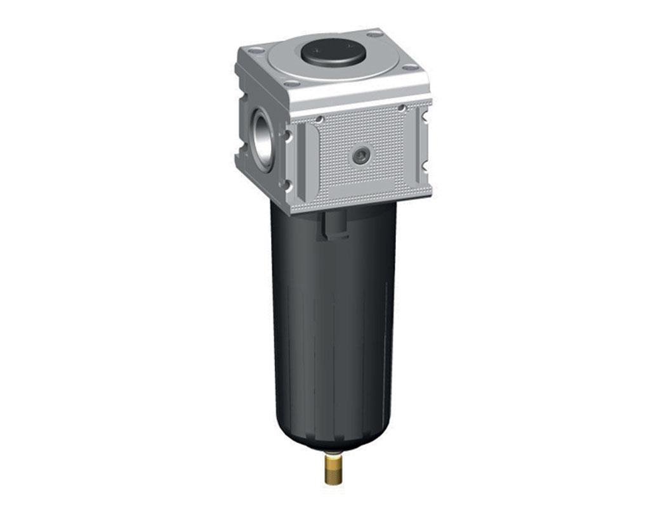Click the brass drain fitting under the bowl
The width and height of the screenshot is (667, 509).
[331, 473]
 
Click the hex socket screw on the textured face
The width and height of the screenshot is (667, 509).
[360, 156]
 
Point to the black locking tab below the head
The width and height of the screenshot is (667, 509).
[334, 225]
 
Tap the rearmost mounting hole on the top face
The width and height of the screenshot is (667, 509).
[374, 34]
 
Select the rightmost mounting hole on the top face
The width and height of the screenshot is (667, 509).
[411, 67]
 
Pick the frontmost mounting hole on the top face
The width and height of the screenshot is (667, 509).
[291, 83]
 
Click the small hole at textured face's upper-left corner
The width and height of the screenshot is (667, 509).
[319, 119]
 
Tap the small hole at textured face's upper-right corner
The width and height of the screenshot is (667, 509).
[401, 108]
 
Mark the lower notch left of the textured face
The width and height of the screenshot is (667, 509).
[287, 185]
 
